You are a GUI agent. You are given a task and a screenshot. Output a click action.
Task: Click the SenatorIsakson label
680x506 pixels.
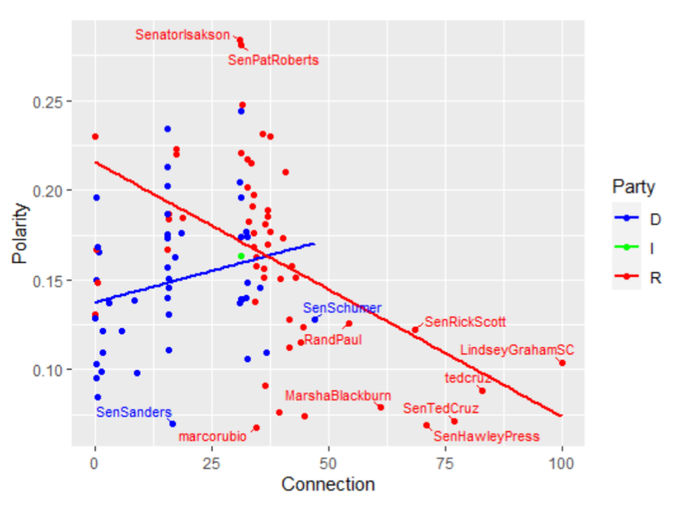183,34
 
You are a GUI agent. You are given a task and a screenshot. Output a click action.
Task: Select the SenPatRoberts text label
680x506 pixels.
274,60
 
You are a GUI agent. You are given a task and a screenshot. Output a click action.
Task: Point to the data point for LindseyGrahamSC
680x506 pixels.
562,363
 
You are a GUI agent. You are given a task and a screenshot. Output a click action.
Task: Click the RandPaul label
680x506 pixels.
332,340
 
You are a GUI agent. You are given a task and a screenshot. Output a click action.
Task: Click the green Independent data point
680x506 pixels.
241,256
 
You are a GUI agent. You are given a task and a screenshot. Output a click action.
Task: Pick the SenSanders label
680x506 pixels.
133,412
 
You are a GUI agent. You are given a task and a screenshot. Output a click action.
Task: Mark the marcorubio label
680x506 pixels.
212,437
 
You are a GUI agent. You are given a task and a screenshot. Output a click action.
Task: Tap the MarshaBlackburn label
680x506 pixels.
338,396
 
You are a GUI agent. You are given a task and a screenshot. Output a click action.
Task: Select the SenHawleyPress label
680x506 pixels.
486,437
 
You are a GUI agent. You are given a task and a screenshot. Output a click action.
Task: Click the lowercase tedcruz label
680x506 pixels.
467,378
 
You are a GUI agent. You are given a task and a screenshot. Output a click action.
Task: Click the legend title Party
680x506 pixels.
634,186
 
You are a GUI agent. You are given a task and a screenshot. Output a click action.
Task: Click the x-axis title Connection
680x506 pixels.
328,484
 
